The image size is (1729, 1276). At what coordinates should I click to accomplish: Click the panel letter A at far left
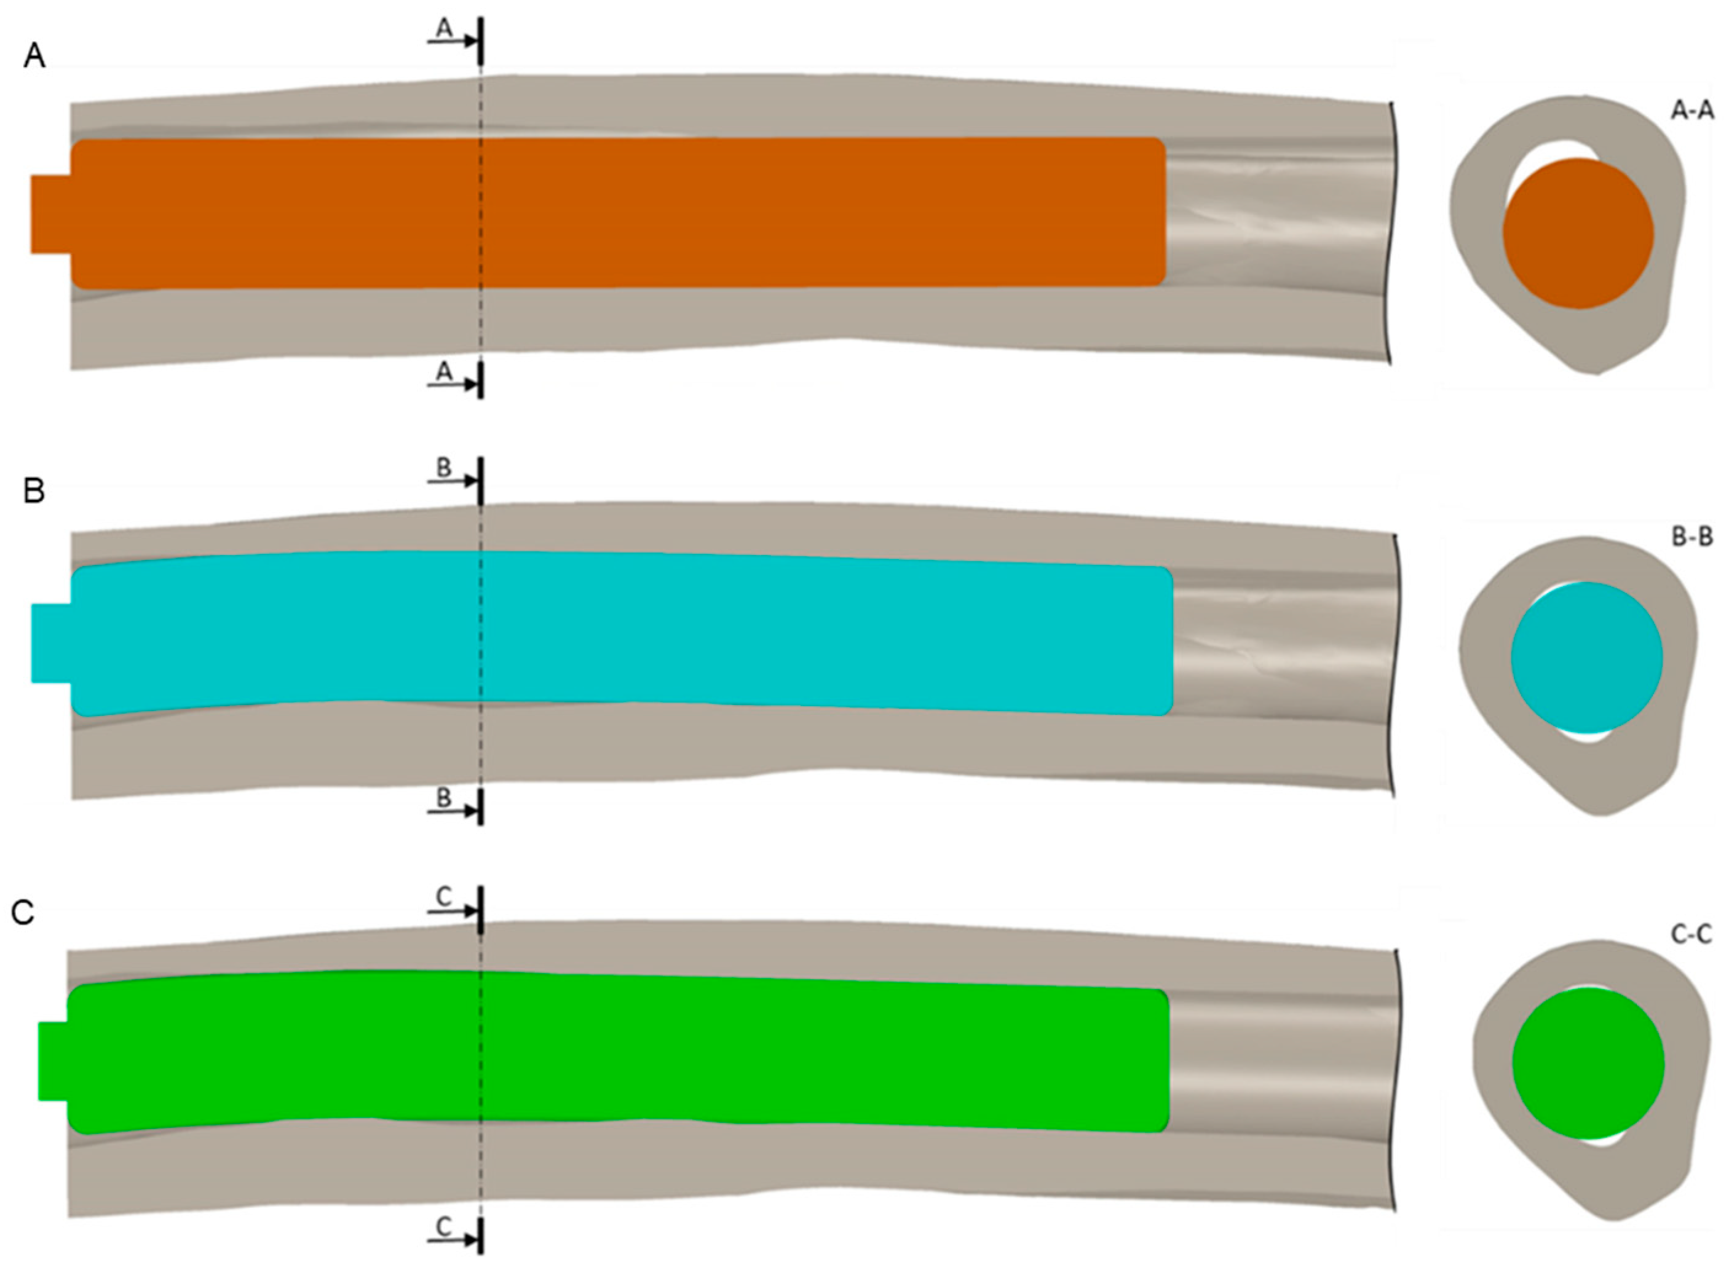coord(34,57)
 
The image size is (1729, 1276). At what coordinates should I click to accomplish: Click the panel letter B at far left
coord(34,491)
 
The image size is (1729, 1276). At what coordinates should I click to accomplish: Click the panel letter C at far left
coord(23,913)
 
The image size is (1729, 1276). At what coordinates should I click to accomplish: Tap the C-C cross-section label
coord(1690,935)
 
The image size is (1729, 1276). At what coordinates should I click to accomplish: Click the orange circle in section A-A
coord(1578,234)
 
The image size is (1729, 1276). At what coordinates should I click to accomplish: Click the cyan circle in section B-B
coord(1586,656)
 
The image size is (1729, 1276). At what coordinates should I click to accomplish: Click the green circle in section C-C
coord(1588,1063)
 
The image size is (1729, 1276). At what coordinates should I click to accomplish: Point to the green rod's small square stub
coord(52,1060)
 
